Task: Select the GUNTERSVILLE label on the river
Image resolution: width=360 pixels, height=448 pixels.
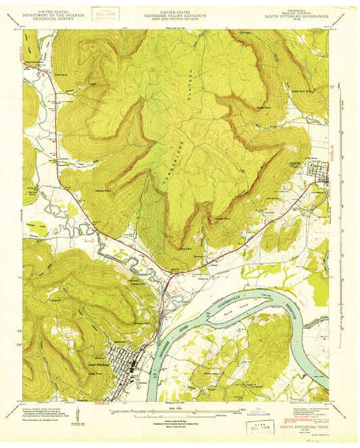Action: pyautogui.click(x=238, y=295)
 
